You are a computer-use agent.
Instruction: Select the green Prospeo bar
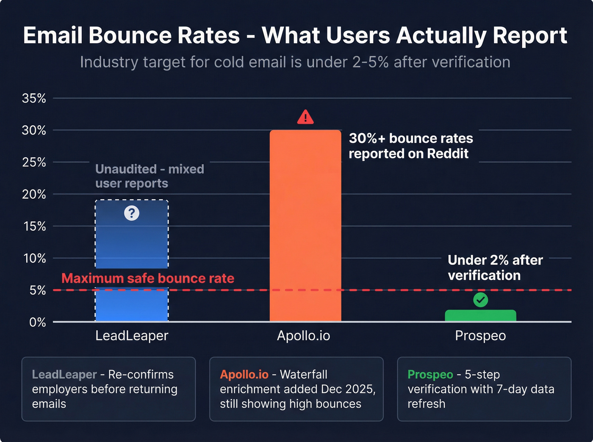[x=480, y=316]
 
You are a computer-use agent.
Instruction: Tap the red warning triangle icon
[x=305, y=117]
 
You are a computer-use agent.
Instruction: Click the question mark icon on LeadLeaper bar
[x=132, y=213]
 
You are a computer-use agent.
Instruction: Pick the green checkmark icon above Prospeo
[x=480, y=300]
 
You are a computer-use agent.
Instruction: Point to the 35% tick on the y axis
[x=34, y=98]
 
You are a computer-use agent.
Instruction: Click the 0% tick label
[x=37, y=322]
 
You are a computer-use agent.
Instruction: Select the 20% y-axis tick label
[x=34, y=194]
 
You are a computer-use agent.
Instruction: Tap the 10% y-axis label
[x=34, y=258]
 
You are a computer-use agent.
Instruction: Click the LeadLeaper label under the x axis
[x=132, y=336]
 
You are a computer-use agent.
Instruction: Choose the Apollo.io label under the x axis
[x=303, y=336]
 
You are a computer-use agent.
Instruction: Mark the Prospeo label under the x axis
[x=480, y=336]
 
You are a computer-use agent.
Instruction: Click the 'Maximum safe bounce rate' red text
[x=147, y=278]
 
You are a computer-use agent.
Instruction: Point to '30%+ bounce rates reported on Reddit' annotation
[x=410, y=146]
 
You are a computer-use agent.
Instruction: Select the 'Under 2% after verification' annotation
[x=495, y=268]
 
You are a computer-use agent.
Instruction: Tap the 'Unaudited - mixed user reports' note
[x=150, y=176]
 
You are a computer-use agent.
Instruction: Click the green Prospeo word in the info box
[x=430, y=375]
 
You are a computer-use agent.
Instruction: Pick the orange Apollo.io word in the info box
[x=244, y=375]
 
